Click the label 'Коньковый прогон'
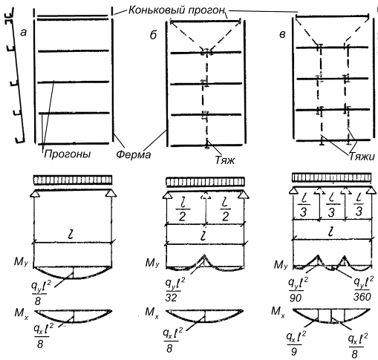pos(177,10)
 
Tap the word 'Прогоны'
pos(68,154)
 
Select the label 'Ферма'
pos(134,154)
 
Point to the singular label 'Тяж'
pos(224,160)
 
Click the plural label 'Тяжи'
pos(362,157)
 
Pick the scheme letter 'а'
pos(24,33)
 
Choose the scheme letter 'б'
pos(154,35)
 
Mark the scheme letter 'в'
pos(282,35)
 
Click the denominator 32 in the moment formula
pos(172,298)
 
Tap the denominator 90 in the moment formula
pos(296,298)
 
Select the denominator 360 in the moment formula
pos(362,297)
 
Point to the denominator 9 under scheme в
pos(294,351)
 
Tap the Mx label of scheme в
pos(278,312)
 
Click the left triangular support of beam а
pos(35,194)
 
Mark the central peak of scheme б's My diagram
pos(204,255)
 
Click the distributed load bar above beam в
pos(332,177)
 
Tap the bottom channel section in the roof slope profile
pos(19,140)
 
